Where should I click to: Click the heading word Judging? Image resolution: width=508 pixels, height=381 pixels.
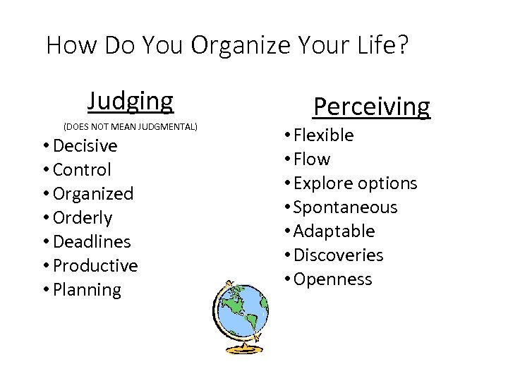point(130,101)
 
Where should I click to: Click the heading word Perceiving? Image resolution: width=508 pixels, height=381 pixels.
point(371,107)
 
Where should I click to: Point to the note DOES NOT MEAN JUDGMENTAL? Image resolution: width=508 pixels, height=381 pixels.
point(131,127)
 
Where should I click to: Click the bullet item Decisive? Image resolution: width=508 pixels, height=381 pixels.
point(85,146)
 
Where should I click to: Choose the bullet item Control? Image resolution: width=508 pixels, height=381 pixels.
point(82,170)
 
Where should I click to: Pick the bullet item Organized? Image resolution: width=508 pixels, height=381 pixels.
point(92,194)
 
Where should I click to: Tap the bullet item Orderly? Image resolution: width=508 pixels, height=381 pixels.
point(83,218)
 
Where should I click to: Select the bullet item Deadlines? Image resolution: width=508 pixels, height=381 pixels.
point(92,242)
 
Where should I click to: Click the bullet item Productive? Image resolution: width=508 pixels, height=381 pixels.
point(95,266)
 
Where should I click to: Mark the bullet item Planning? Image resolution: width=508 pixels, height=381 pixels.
point(87,290)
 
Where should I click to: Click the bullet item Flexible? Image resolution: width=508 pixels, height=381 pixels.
point(324,135)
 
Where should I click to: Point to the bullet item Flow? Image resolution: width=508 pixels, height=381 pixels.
point(312,159)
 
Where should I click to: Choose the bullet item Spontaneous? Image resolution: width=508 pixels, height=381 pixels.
point(345,207)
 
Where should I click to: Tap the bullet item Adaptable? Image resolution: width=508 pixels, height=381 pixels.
point(334,231)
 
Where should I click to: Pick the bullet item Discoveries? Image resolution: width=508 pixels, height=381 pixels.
point(338,255)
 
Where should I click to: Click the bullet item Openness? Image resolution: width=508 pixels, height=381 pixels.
point(332,279)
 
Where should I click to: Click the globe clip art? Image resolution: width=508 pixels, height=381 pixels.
point(240,314)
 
